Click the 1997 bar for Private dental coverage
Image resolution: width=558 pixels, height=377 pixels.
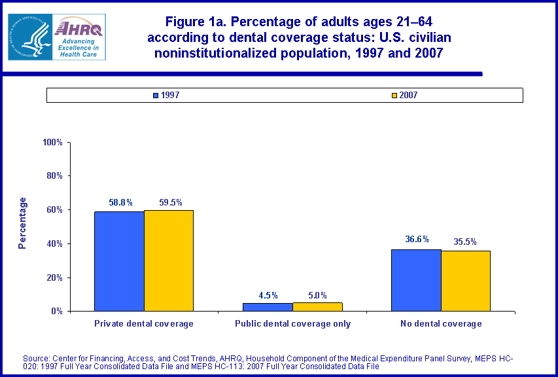point(119,261)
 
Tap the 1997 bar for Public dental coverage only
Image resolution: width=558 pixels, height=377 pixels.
point(268,307)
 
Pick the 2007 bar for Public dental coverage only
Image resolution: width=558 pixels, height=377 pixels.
point(317,306)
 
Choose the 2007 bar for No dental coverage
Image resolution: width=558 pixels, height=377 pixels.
point(466,281)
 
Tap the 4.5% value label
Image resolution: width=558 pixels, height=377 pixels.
point(268,295)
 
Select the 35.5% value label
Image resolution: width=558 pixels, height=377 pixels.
point(466,242)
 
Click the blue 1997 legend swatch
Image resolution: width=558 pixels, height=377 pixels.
point(156,96)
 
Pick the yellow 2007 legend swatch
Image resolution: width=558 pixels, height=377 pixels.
point(394,96)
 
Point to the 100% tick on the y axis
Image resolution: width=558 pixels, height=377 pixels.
point(52,142)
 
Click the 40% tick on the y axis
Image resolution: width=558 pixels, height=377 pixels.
point(54,243)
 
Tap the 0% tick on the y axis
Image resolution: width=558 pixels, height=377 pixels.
point(56,311)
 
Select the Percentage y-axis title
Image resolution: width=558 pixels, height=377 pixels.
point(22,223)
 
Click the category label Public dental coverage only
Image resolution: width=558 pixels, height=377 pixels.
point(292,323)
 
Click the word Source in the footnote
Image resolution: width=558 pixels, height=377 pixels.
point(37,358)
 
